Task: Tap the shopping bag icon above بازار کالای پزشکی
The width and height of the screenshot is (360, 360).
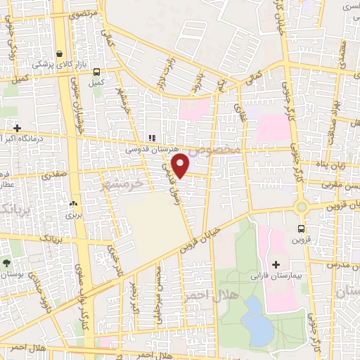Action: (x=60, y=53)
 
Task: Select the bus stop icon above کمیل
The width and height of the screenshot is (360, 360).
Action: (x=96, y=72)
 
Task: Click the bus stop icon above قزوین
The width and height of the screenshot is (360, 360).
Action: (x=302, y=229)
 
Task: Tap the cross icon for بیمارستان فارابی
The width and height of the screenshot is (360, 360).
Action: (x=276, y=265)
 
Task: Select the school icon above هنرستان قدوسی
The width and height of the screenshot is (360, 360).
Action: (x=150, y=138)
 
